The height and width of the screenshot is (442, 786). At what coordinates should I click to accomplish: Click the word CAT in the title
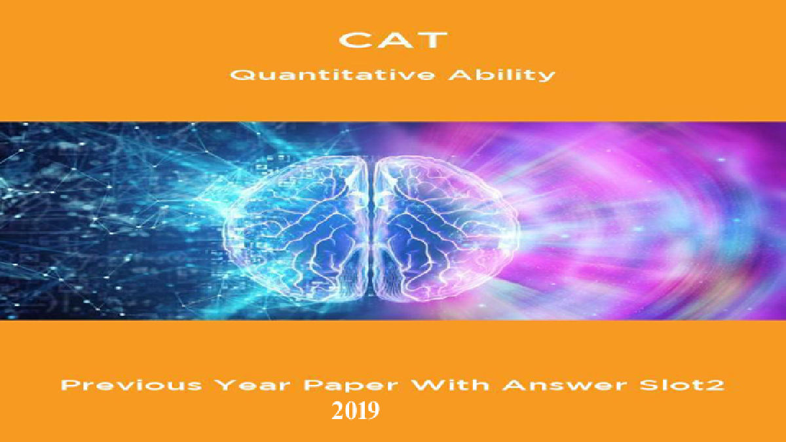tap(393, 40)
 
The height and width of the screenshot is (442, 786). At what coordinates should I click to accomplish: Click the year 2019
tap(356, 411)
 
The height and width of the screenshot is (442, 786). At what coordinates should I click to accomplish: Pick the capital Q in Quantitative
tap(240, 75)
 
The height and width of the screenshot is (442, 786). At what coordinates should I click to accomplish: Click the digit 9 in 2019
tap(373, 411)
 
